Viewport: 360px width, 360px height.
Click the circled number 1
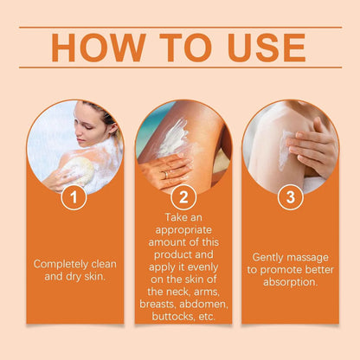coord(74,197)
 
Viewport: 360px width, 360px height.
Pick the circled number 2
coord(183,197)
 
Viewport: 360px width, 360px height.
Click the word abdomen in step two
coord(205,303)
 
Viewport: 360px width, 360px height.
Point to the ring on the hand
coord(165,174)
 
